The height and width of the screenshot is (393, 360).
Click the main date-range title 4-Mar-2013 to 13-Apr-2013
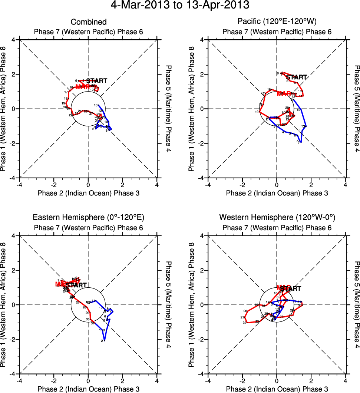180,6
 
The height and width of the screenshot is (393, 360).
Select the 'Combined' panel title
89,22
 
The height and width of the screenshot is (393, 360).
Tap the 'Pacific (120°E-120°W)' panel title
277,22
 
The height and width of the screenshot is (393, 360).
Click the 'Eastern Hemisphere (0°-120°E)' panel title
89,217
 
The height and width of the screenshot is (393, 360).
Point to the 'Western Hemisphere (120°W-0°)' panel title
277,217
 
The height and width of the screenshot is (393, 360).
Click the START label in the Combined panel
97,81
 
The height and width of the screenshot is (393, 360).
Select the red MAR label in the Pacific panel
284,93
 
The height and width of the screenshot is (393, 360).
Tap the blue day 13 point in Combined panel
99,105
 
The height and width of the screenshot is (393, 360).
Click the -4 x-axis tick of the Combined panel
19,184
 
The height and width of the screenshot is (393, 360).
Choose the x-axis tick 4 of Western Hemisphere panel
346,381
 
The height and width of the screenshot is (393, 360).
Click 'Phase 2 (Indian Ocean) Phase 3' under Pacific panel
277,193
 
